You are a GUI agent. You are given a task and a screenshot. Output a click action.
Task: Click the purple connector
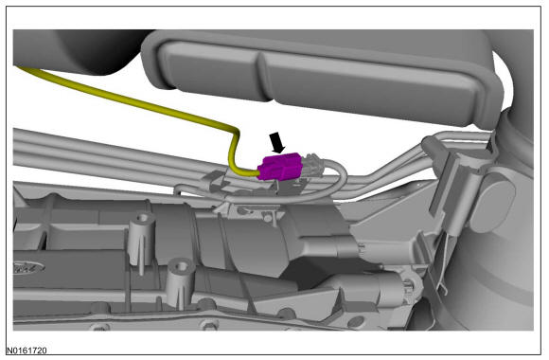(x=279, y=167)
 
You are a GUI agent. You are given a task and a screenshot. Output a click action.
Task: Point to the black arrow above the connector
(x=277, y=142)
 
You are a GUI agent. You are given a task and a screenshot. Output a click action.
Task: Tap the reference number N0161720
(x=27, y=351)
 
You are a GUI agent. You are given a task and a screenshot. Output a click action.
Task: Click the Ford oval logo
(x=29, y=268)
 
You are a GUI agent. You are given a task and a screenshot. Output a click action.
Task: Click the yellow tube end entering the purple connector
(x=253, y=172)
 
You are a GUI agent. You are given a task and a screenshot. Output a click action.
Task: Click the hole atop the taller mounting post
(x=143, y=218)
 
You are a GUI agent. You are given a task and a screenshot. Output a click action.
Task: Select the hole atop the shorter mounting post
(x=181, y=266)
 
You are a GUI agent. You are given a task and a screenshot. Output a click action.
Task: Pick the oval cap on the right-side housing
(x=492, y=202)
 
